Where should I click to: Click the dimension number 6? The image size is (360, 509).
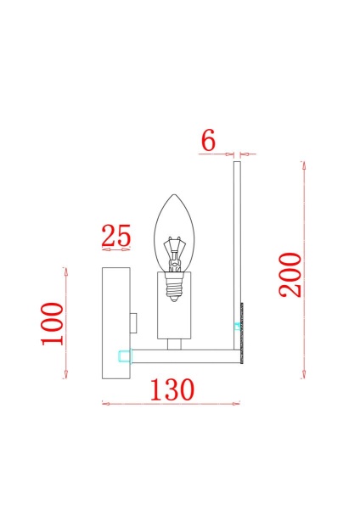208,141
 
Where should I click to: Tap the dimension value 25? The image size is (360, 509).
116,235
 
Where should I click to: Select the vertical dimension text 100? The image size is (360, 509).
53,324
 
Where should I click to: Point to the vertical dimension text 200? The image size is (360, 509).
290,275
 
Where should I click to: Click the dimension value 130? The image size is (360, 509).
172,389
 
